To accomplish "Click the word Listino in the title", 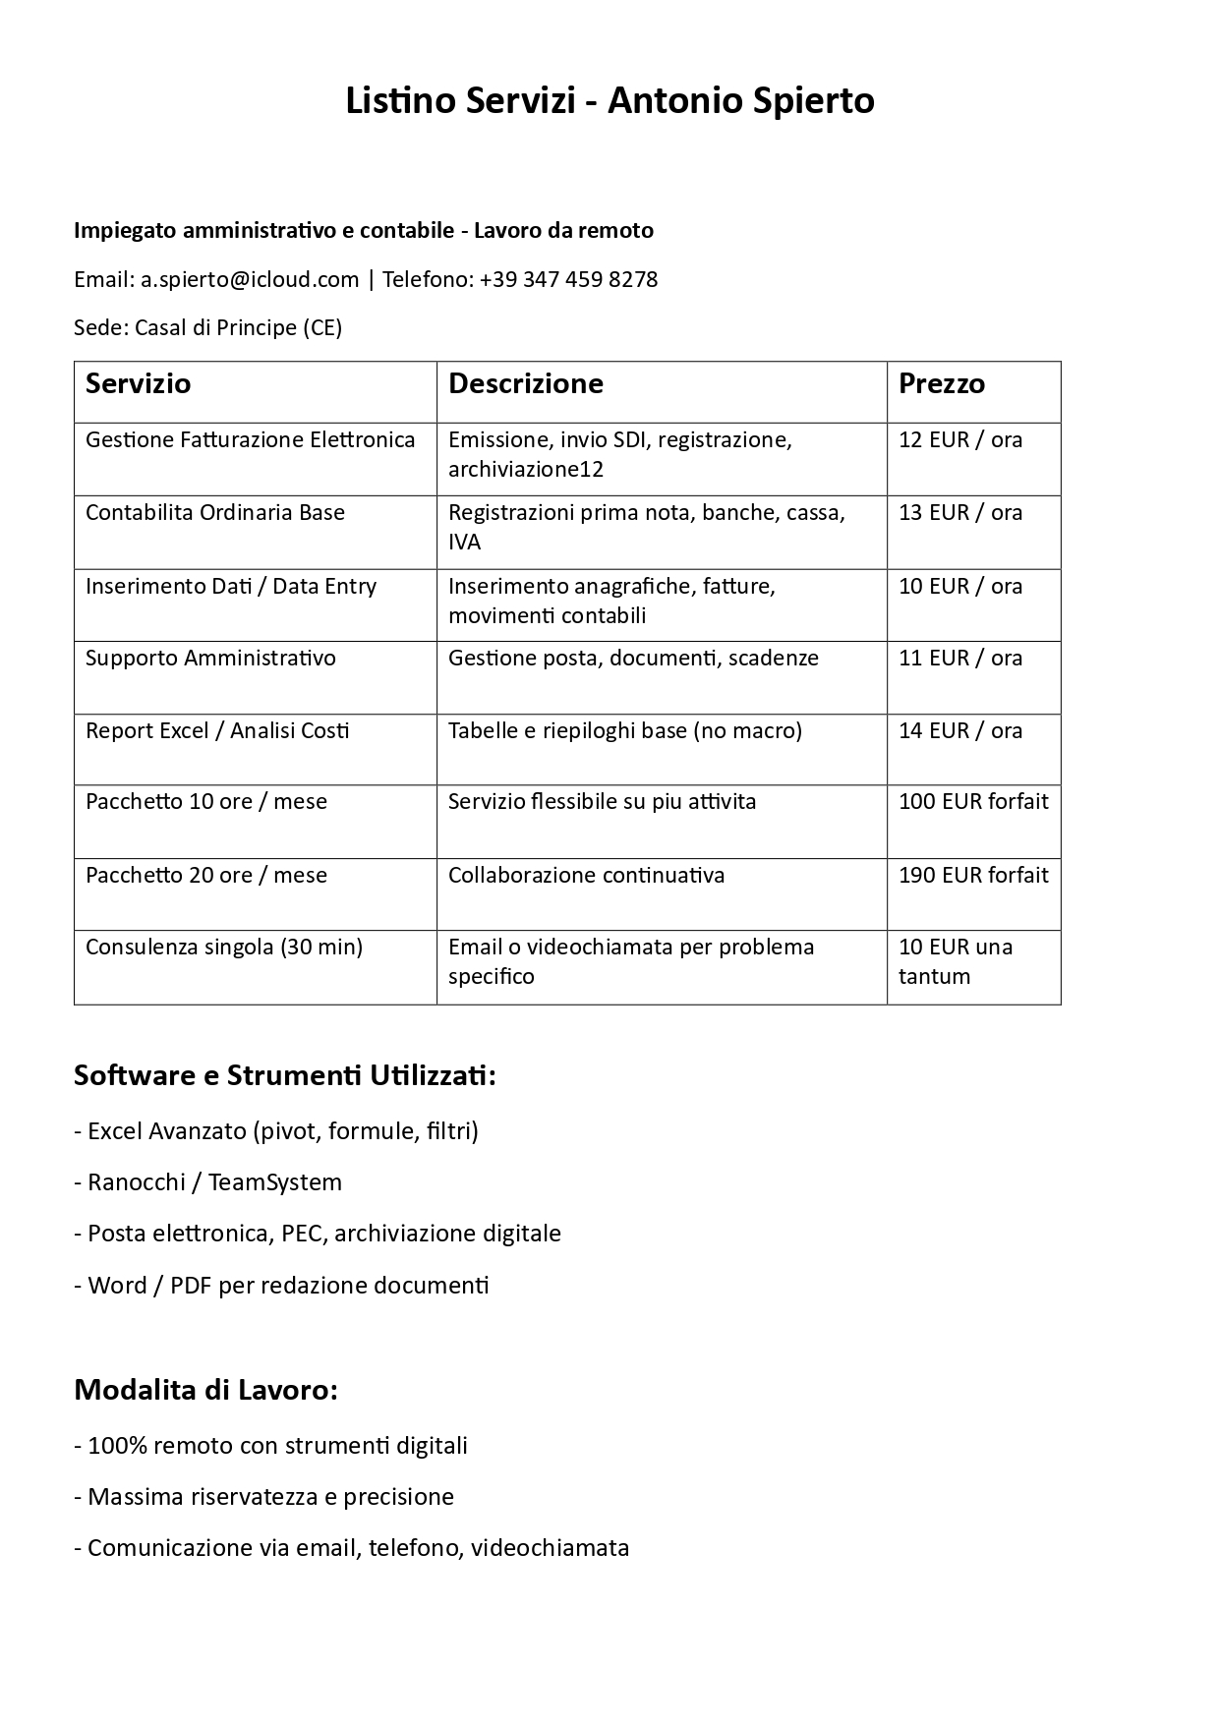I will pos(400,101).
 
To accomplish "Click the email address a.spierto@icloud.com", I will pos(250,280).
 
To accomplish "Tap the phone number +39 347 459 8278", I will pos(568,280).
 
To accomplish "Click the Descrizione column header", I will pos(526,383).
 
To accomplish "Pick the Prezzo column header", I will pos(942,383).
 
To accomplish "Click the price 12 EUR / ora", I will pos(960,440).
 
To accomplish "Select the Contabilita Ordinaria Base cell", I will pos(215,513).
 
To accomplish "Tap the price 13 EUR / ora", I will pos(960,513).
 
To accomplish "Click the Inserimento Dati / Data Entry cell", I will pos(231,587).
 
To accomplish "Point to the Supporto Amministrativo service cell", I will pos(210,659).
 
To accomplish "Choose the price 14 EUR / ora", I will pos(960,731).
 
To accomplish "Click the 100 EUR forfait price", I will pos(973,802).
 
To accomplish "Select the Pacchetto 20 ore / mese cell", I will pos(206,876).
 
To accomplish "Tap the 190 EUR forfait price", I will pos(973,876).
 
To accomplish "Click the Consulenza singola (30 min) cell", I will pos(224,948).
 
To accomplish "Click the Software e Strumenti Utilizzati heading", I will pos(285,1076).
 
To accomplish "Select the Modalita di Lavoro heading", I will pos(206,1391).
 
